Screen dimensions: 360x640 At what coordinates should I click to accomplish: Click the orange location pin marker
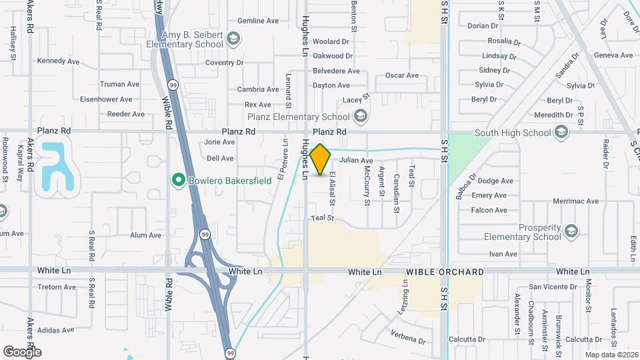pyautogui.click(x=320, y=159)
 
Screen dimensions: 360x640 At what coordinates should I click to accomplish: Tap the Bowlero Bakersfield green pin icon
pyautogui.click(x=177, y=179)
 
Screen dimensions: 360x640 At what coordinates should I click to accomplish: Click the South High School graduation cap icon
pyautogui.click(x=562, y=132)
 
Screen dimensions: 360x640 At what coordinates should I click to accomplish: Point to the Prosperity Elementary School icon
pyautogui.click(x=570, y=231)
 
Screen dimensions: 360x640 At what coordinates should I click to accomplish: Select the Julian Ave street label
pyautogui.click(x=356, y=161)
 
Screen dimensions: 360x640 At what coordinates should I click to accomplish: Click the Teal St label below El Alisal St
pyautogui.click(x=321, y=218)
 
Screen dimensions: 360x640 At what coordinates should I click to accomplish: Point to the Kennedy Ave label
pyautogui.click(x=59, y=61)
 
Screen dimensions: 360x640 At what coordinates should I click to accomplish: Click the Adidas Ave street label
pyautogui.click(x=57, y=330)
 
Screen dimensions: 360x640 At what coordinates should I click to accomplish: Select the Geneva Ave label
pyautogui.click(x=613, y=55)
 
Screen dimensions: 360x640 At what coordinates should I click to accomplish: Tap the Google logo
pyautogui.click(x=22, y=351)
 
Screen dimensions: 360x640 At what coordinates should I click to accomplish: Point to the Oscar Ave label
pyautogui.click(x=402, y=75)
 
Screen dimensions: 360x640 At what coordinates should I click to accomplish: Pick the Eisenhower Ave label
pyautogui.click(x=106, y=99)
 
